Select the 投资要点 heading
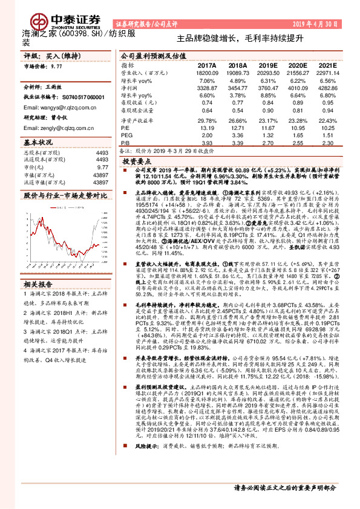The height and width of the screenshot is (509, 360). [x=136, y=163]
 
